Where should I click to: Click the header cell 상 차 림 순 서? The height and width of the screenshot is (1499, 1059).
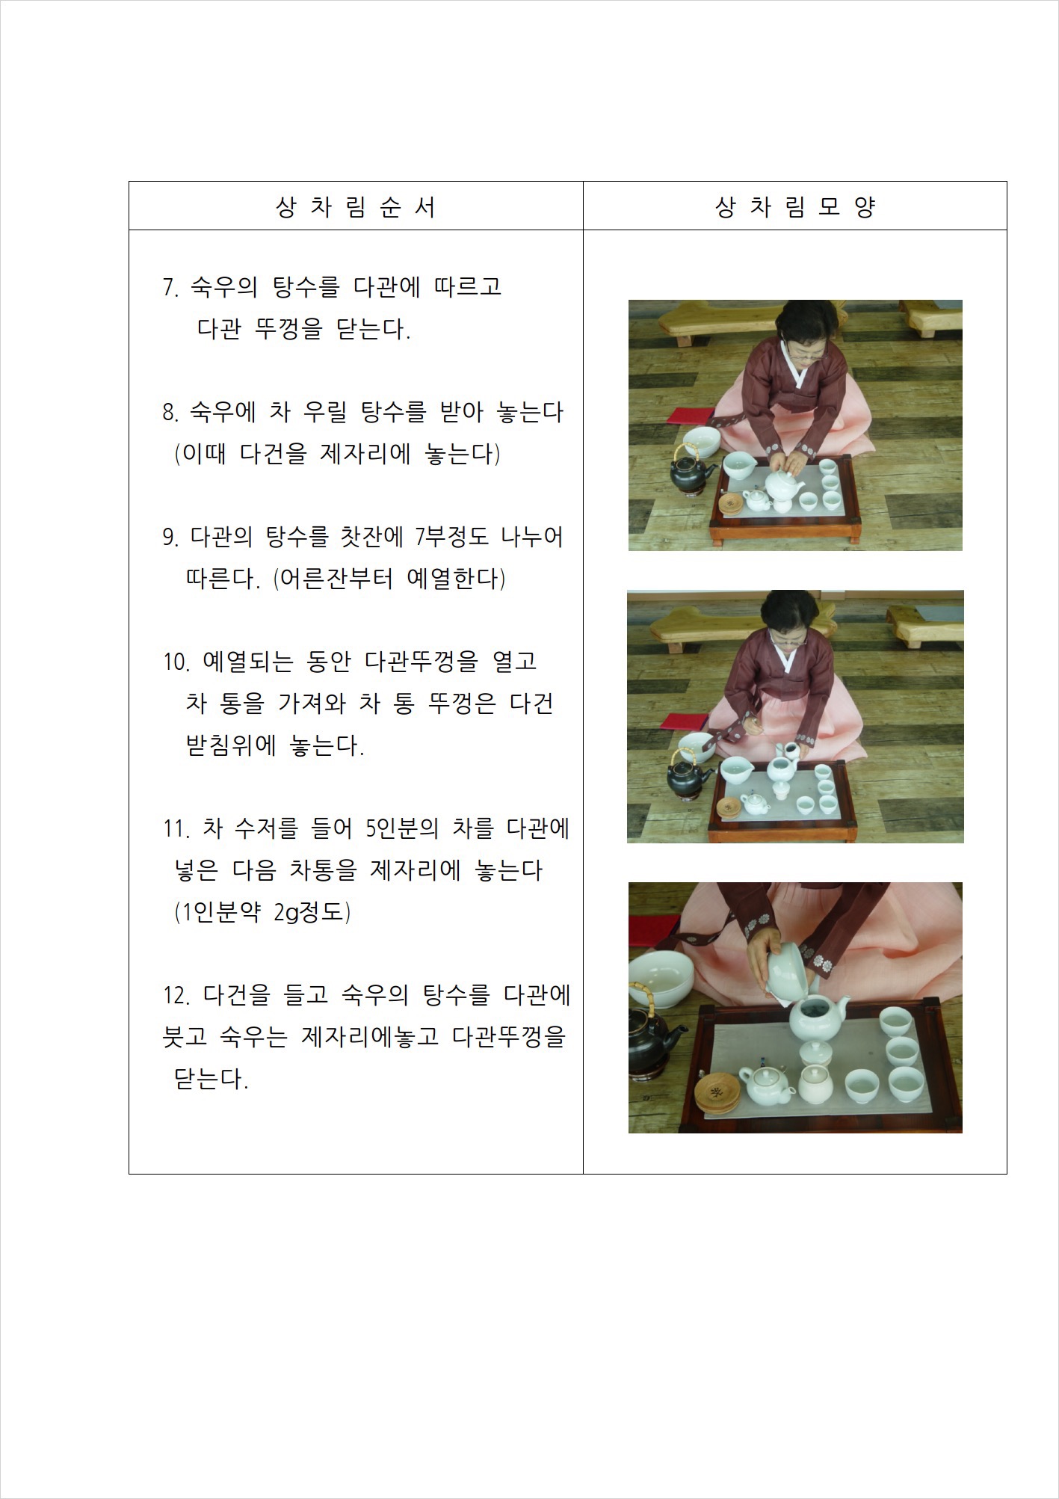356,206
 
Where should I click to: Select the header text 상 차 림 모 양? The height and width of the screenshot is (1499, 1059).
794,206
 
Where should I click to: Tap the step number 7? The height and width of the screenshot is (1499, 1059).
170,287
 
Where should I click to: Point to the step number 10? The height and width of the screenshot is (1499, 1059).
176,662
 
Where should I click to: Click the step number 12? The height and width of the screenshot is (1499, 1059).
176,995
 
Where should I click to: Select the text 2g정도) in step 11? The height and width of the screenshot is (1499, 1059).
312,912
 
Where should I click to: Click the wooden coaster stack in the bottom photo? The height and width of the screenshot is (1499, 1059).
716,1094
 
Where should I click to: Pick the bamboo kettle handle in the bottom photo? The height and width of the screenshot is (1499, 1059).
643,999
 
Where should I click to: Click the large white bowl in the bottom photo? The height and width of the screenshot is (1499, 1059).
659,979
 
